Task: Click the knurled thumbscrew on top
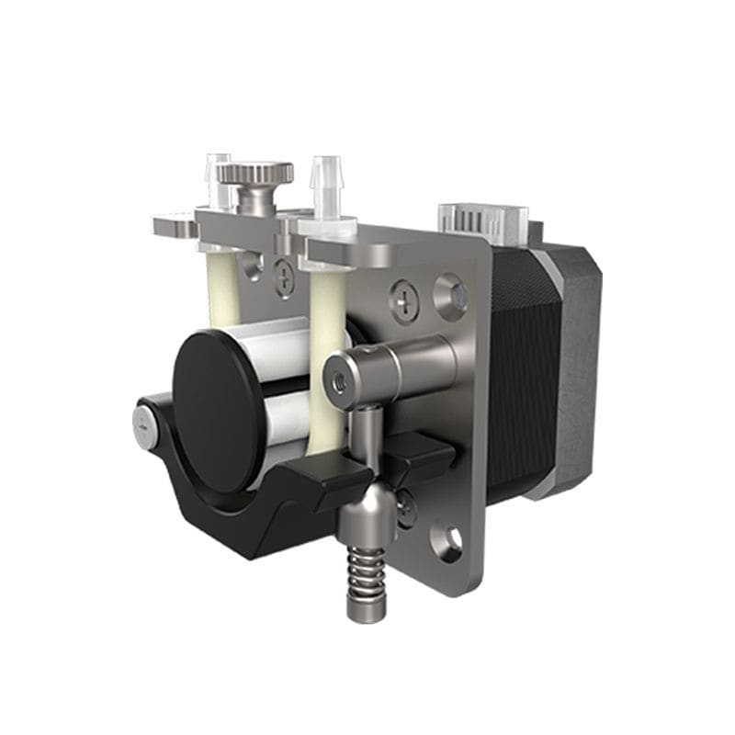coord(260,174)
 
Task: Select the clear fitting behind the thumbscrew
coord(218,174)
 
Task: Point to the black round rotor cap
coord(213,409)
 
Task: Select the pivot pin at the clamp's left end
coord(144,424)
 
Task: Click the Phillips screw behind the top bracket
coord(286,275)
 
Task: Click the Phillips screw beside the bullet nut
coord(406,508)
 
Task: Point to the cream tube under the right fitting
coord(327,349)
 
